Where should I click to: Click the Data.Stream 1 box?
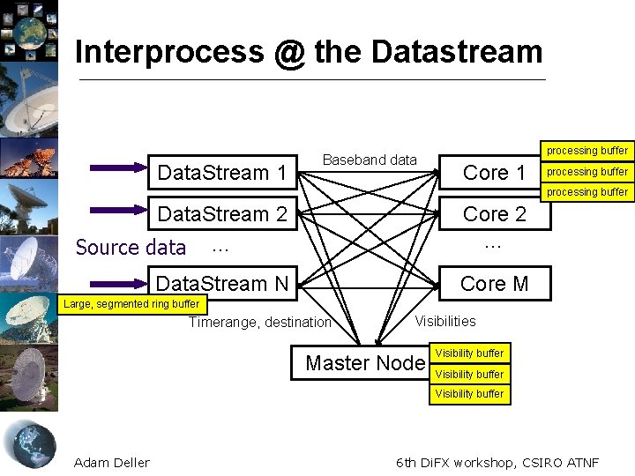222,173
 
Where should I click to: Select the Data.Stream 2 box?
222,214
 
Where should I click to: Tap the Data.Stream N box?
222,284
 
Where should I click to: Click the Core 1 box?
494,173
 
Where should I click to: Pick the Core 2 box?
494,214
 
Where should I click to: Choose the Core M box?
494,284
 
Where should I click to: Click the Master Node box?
364,363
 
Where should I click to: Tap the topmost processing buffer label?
586,151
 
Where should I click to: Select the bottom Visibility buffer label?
469,394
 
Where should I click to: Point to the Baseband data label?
370,160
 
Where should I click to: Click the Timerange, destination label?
260,323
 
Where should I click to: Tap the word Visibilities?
445,322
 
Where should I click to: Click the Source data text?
131,248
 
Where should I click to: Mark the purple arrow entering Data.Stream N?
118,283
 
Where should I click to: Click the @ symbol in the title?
288,52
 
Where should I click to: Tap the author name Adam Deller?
112,463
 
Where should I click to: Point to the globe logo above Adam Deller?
29,443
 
